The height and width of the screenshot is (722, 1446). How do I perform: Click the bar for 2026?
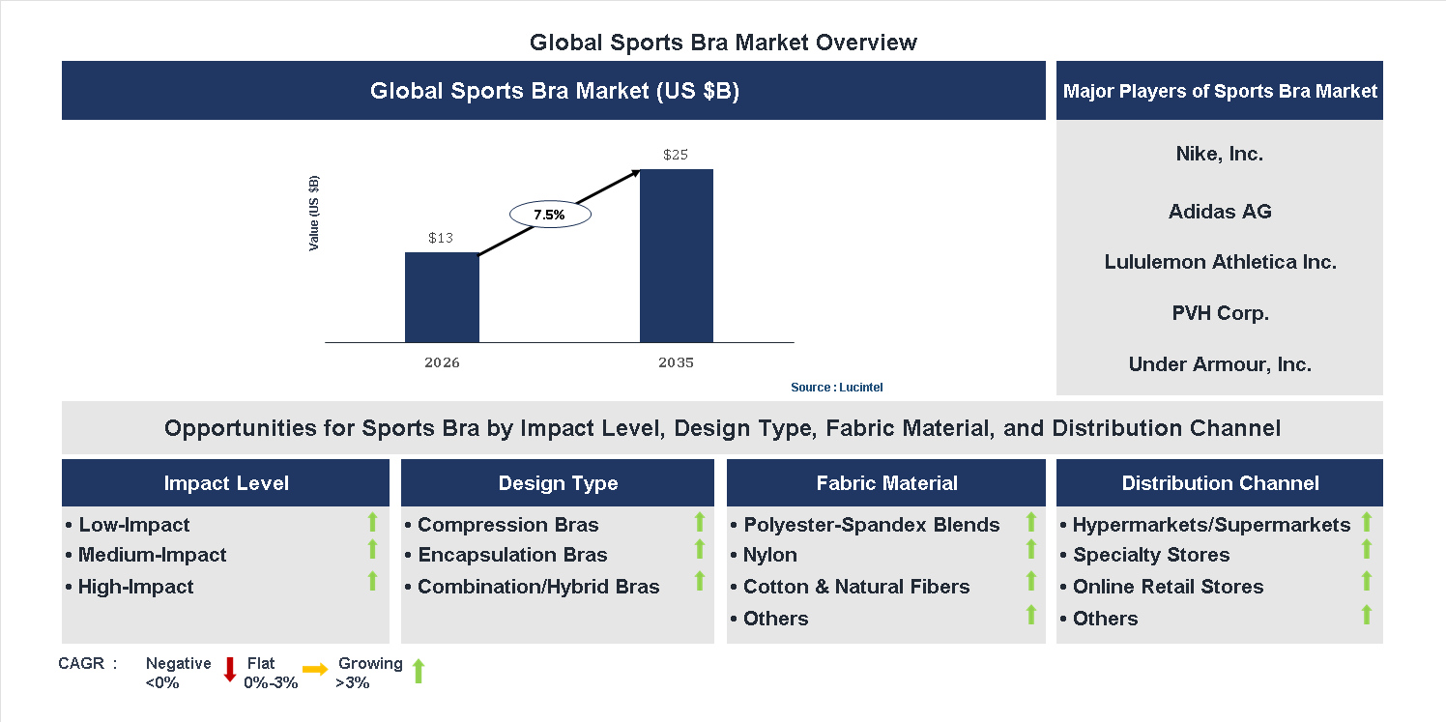[x=442, y=298]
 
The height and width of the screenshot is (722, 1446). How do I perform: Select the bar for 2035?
[x=677, y=256]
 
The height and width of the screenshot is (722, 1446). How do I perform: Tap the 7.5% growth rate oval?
[x=549, y=216]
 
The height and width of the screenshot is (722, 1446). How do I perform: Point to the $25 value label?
[x=676, y=155]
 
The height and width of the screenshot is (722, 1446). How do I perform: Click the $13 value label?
[x=442, y=238]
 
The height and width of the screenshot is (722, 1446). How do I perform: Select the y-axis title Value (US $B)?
[x=314, y=214]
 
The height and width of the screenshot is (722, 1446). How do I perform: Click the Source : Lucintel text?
[x=836, y=388]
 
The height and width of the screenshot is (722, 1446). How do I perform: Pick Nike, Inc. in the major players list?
[x=1219, y=154]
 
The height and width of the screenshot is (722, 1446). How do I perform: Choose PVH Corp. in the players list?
[x=1219, y=313]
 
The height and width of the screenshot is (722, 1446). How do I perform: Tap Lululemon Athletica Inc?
[x=1220, y=262]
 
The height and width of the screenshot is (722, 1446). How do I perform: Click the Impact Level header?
[x=226, y=483]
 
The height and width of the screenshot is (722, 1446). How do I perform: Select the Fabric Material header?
[x=886, y=483]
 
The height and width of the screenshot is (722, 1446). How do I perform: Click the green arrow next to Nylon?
[x=1031, y=550]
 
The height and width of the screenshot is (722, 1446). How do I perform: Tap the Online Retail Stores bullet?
[x=1168, y=587]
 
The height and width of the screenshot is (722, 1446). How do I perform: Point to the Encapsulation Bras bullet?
[x=512, y=555]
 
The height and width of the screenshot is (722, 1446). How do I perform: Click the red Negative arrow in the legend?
[x=230, y=669]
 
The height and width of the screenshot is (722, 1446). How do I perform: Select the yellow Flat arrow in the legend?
[x=315, y=669]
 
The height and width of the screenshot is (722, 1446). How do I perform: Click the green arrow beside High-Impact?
[x=372, y=581]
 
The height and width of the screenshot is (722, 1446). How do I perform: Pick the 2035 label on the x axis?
[x=676, y=363]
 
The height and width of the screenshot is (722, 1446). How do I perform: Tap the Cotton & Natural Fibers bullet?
[x=855, y=587]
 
